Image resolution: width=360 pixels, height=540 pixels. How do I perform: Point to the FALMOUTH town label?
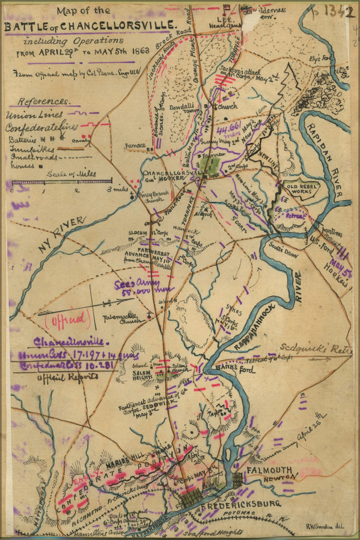[x=269, y=470]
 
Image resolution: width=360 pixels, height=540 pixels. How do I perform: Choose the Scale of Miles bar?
[x=62, y=182]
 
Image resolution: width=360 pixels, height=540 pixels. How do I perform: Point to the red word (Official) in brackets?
[x=67, y=319]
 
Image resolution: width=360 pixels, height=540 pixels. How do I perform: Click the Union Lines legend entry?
[x=35, y=114]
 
